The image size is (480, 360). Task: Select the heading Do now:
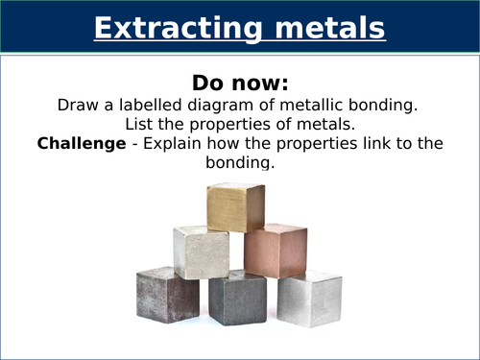tap(240, 81)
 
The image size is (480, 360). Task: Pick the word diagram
tap(225, 104)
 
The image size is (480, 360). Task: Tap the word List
tap(141, 124)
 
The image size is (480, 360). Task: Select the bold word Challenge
tap(76, 144)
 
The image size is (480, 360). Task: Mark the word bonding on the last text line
tap(240, 164)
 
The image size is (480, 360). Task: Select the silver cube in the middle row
tap(201, 252)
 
